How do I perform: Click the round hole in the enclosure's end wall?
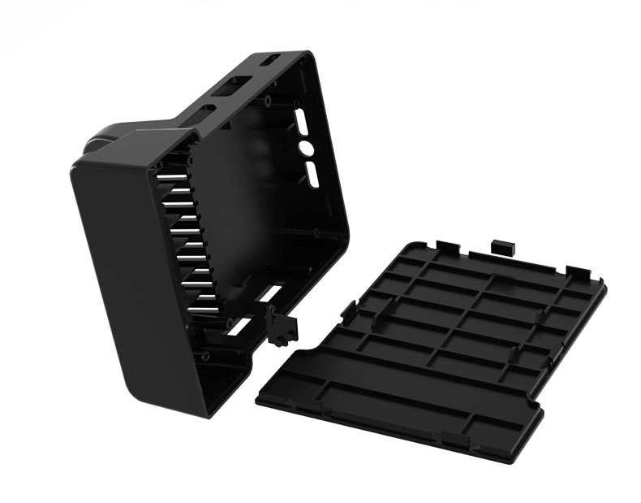tap(307, 148)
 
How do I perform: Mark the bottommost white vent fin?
tap(203, 309)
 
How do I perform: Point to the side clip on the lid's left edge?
tap(348, 309)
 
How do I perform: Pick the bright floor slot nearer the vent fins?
tap(239, 326)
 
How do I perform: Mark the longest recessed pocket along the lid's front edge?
tap(389, 398)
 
